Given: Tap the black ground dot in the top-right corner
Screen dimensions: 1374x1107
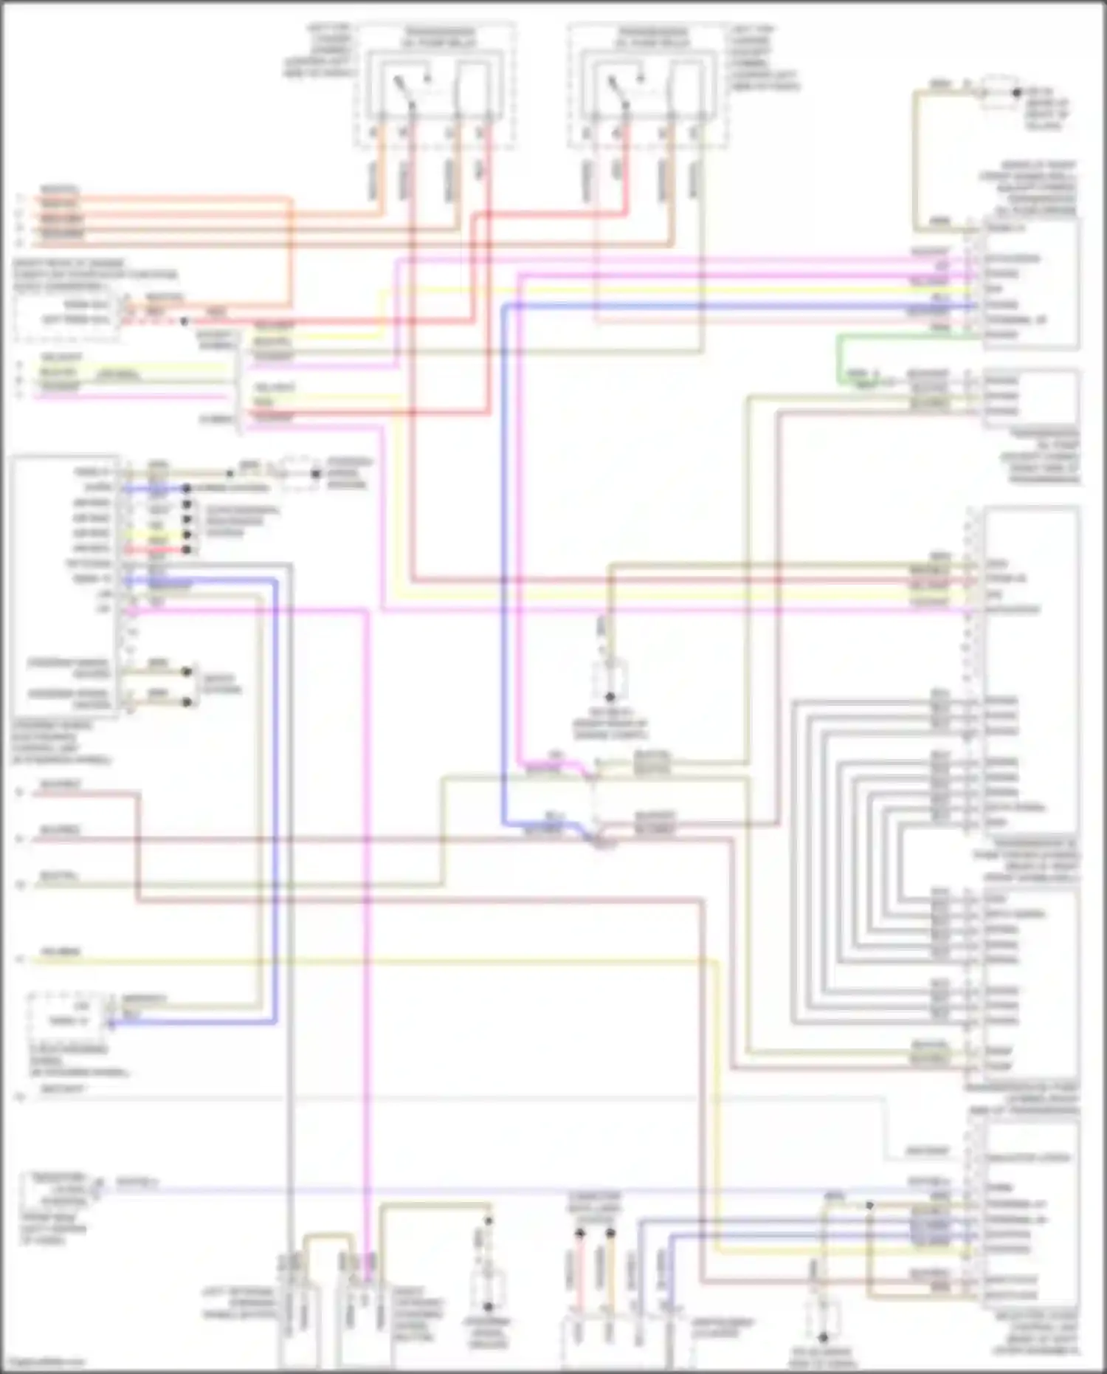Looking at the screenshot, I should click(x=1016, y=93).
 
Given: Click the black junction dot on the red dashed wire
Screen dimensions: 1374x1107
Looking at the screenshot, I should click(x=184, y=321).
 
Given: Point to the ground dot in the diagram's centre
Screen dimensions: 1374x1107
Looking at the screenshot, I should click(x=610, y=696).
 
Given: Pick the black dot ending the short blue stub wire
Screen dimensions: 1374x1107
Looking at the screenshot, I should click(x=187, y=489).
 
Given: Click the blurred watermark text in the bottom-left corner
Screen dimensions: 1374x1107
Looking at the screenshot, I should click(x=44, y=1362).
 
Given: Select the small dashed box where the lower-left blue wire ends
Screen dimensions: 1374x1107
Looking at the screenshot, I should click(x=63, y=1014).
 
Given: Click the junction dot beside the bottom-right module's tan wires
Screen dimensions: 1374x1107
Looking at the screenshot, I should click(x=869, y=1205).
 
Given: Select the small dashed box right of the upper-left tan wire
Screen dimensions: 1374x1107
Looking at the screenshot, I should click(x=297, y=473).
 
